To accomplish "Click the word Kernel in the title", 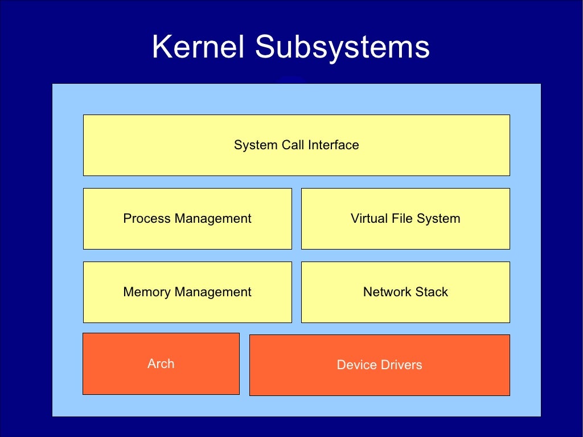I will pos(198,47).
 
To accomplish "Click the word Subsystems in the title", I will pos(342,47).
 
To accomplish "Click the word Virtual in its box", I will pos(369,218).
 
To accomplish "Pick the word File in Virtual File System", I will pos(401,218).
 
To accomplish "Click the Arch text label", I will pos(161,364).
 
